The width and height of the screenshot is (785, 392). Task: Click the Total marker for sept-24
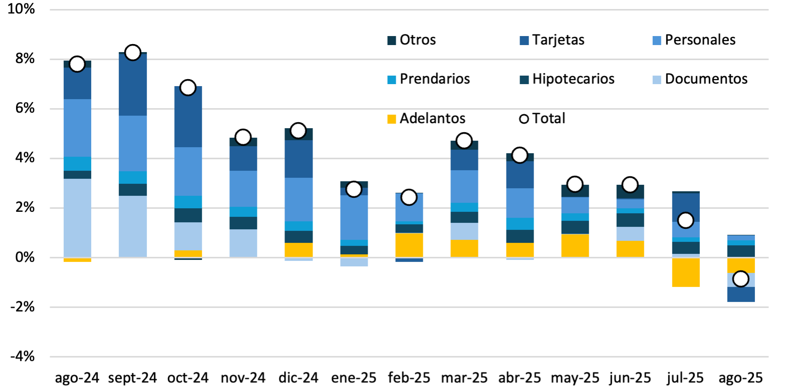(x=132, y=53)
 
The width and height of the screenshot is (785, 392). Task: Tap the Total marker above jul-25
(x=685, y=220)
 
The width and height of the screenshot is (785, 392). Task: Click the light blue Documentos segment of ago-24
(x=77, y=218)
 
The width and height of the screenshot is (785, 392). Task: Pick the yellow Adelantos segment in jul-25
(x=685, y=272)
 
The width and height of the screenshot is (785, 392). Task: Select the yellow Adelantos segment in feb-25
(x=409, y=245)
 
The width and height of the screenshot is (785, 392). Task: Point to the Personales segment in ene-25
(x=354, y=217)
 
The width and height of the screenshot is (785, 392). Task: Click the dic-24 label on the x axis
(x=298, y=377)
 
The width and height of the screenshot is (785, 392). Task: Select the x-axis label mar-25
(x=464, y=377)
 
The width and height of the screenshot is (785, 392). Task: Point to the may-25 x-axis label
(x=575, y=377)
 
